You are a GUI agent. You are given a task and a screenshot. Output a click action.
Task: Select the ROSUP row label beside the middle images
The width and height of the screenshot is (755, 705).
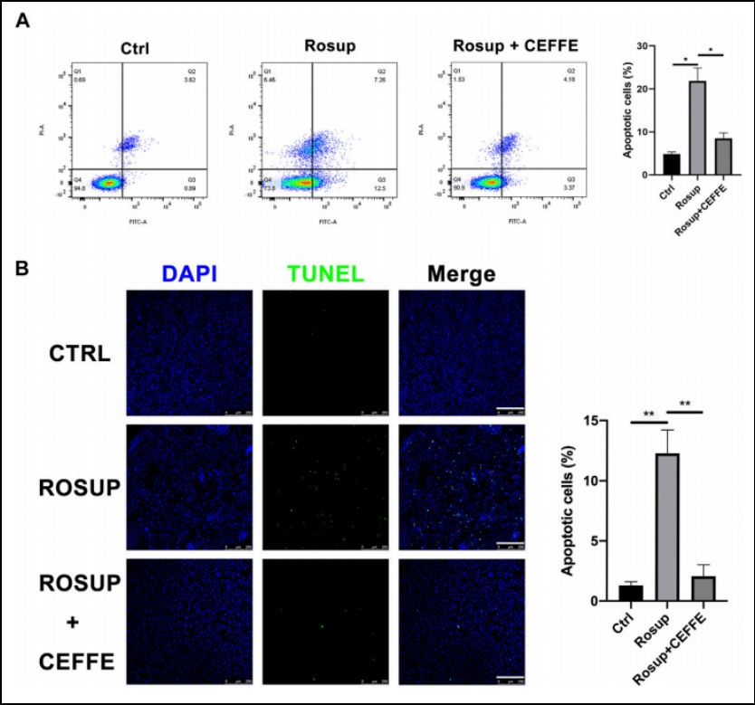(80, 487)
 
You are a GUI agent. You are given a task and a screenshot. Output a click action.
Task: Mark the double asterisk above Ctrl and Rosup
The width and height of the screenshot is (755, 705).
(649, 413)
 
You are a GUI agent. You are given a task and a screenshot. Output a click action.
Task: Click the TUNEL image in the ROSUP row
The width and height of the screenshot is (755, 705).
(325, 486)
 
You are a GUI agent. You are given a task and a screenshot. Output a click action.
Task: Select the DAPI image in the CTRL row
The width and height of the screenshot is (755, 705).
(189, 353)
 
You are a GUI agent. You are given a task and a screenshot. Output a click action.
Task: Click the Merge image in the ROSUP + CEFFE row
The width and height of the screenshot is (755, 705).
(462, 621)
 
